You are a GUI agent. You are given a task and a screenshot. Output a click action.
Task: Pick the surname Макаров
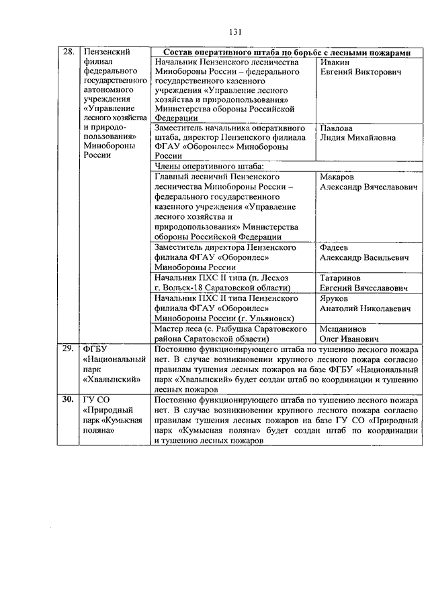coord(338,177)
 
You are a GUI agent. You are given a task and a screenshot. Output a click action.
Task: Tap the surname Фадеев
coord(336,247)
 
